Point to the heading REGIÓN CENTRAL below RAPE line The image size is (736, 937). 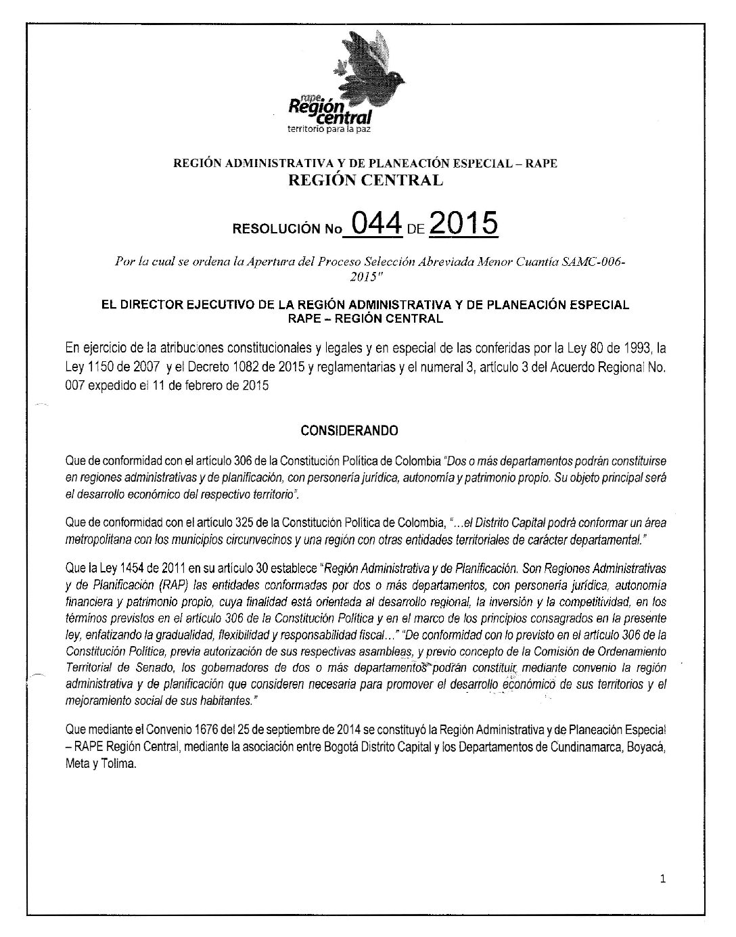[366, 180]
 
